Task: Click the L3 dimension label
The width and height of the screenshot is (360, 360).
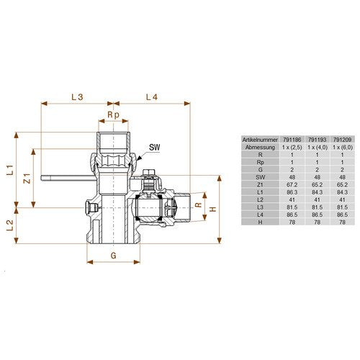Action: [77, 97]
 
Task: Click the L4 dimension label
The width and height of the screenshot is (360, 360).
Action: [152, 97]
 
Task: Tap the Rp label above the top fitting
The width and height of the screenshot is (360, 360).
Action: [113, 115]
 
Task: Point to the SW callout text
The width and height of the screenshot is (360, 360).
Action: [154, 147]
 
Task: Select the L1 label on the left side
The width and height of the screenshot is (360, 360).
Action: [10, 170]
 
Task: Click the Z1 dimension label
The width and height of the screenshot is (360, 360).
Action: [27, 178]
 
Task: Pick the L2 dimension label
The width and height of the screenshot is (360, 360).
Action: [10, 225]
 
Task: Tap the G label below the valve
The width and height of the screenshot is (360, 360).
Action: [114, 256]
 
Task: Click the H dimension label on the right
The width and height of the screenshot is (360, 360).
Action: [213, 209]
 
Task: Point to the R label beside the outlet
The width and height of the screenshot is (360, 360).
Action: [198, 205]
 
